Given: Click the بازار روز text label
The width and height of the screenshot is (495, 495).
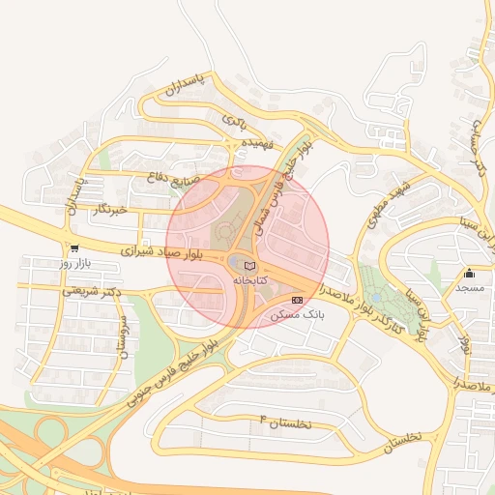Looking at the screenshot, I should (73, 263).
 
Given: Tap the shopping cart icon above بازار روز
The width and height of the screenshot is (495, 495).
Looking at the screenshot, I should (74, 248).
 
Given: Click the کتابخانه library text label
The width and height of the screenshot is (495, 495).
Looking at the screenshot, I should (249, 279).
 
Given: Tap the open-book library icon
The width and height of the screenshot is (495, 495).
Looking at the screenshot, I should (250, 265).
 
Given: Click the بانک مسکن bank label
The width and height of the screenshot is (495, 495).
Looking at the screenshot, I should (302, 315).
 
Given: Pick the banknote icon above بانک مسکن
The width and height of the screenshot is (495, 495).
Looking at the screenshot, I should (297, 301).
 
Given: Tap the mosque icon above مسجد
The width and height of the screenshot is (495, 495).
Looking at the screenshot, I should (470, 274).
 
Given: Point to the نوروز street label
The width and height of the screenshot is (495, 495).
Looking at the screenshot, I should (466, 343).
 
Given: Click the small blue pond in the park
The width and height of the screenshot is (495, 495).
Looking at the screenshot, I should (374, 298).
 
